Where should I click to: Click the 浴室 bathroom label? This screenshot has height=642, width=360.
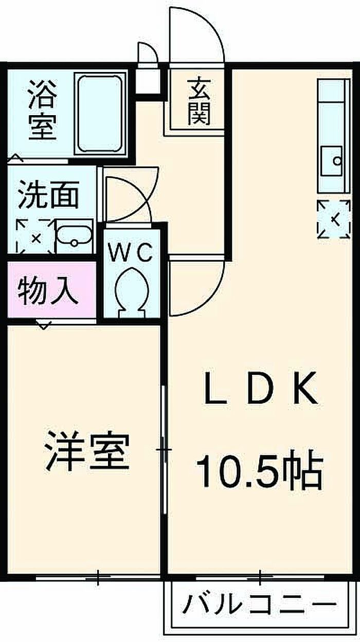pos(43,111)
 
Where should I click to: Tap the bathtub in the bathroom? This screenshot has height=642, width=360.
pos(100,114)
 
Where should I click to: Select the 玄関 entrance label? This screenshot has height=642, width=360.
pos(199,102)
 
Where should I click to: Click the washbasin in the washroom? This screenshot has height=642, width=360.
pos(74,235)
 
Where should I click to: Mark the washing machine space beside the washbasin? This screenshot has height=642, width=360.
pos(35,236)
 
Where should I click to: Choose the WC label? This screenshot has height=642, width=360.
pos(130,252)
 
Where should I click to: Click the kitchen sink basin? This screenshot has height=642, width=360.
pos(332,161)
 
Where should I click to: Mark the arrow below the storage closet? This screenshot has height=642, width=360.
pos(43,325)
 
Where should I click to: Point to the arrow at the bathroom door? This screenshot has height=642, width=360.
pos(16,157)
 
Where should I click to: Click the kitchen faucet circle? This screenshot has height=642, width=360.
pos(337,161)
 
